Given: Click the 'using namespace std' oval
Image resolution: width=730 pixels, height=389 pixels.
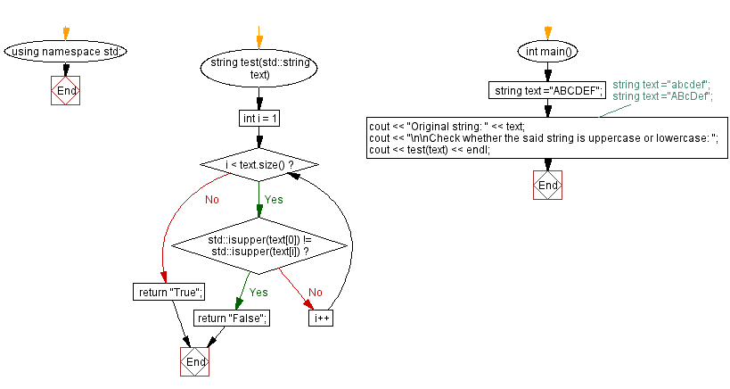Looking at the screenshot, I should point(65,51).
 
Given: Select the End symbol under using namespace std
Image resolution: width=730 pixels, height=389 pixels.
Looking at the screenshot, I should point(65,91).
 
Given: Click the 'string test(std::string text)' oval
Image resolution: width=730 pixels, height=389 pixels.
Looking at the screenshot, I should point(258,69).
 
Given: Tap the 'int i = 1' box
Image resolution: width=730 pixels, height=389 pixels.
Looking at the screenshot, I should point(258,118).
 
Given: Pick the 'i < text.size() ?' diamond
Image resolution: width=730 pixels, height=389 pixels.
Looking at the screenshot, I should point(258,166).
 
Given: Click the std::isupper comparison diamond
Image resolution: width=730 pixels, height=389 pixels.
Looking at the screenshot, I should point(258,246).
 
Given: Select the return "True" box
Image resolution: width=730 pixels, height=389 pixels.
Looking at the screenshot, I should point(168,292).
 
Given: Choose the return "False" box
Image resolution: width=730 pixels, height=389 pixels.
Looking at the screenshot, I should point(232,318).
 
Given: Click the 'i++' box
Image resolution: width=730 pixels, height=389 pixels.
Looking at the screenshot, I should point(321,318).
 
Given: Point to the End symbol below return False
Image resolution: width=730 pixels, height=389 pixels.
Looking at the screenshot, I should point(194,362).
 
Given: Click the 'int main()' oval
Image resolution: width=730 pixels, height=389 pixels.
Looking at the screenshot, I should point(547,51).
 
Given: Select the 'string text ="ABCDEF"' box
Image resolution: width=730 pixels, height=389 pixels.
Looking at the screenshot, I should point(547,90).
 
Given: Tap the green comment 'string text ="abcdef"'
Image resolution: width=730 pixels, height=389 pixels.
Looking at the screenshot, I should point(660,85).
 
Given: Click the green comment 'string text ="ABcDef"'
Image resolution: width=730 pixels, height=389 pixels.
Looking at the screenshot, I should point(662,95).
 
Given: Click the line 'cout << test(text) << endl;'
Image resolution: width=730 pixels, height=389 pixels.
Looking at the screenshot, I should point(430,149).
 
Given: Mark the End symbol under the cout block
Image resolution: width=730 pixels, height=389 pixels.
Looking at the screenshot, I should point(547,185).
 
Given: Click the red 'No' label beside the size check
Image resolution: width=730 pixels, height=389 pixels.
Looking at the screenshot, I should point(211,200).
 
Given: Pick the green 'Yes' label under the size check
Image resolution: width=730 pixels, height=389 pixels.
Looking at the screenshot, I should point(273,200).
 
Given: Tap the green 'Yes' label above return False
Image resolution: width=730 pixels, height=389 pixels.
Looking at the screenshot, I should point(258,292).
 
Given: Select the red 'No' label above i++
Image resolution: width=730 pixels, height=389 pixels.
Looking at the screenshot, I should point(315,292).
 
